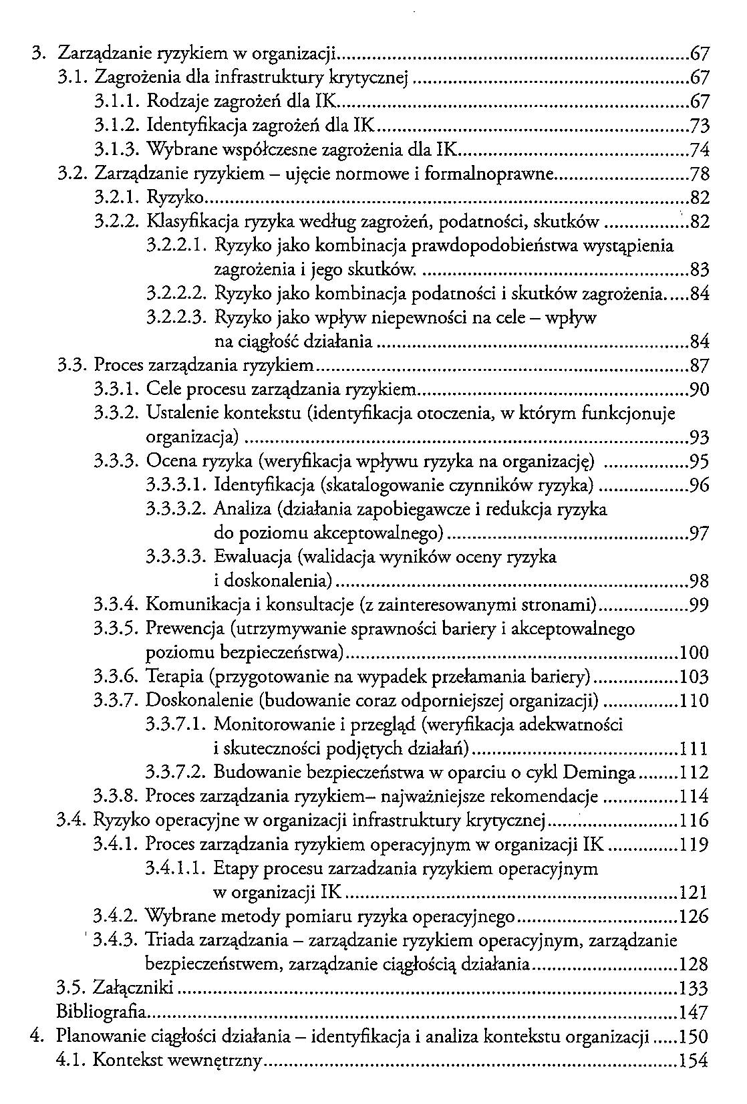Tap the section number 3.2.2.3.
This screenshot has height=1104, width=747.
pos(177,318)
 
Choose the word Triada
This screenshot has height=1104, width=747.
pos(170,941)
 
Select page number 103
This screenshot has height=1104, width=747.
pos(693,678)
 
